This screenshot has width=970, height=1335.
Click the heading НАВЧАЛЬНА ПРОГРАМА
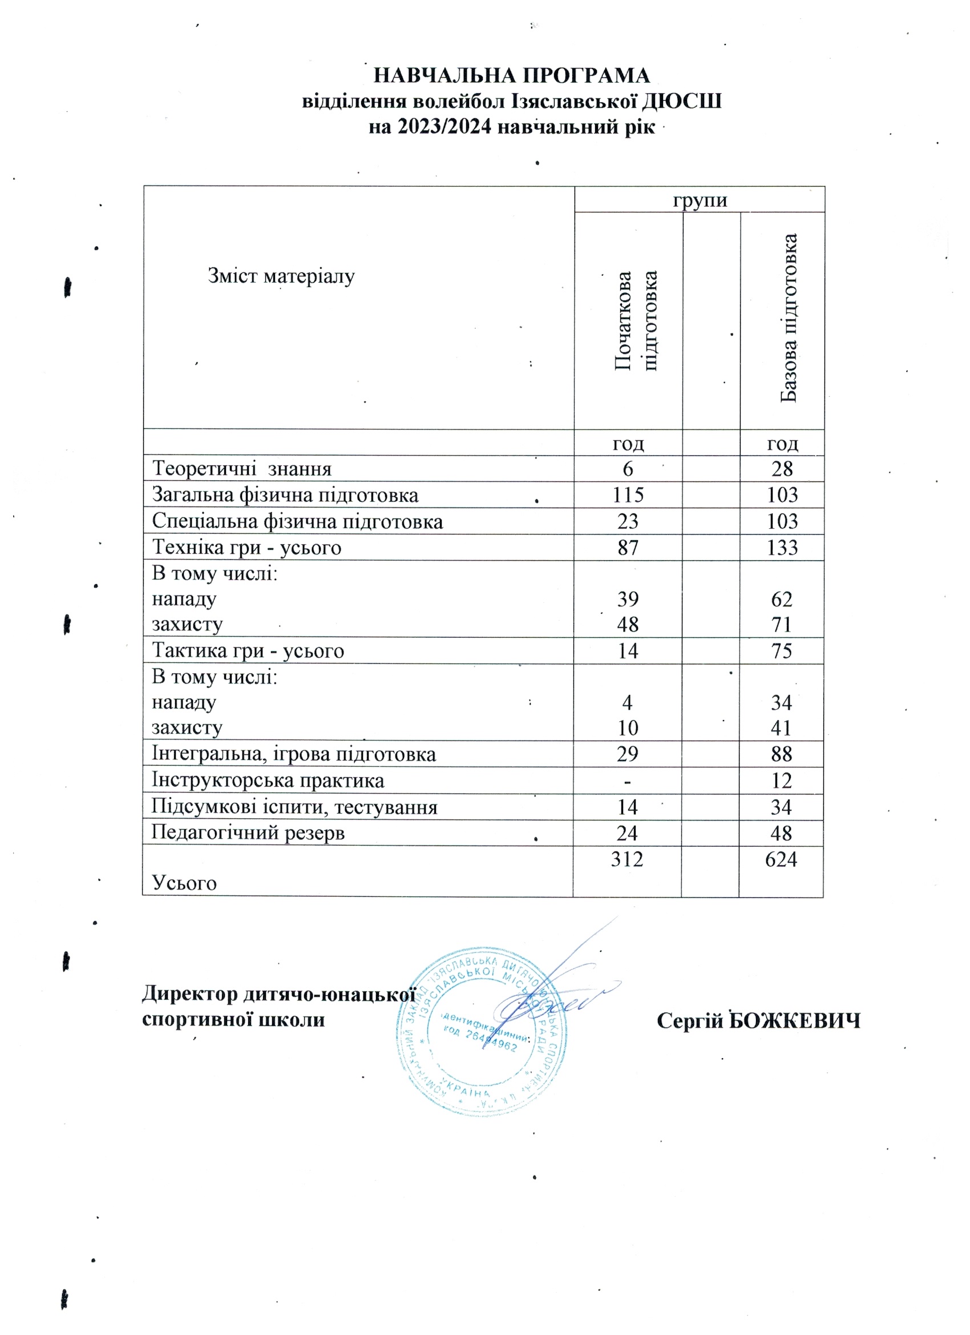(x=512, y=76)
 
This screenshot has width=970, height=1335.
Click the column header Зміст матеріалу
(x=281, y=276)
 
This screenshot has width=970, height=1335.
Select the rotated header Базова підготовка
(x=788, y=319)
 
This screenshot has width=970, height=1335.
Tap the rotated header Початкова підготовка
(x=635, y=321)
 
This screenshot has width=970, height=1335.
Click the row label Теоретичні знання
(x=242, y=469)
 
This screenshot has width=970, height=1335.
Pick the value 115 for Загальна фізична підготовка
(x=628, y=494)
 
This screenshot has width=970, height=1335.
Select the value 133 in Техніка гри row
(x=782, y=548)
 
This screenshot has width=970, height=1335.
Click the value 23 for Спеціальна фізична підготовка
(x=628, y=521)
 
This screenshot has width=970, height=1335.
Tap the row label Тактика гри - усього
(x=248, y=650)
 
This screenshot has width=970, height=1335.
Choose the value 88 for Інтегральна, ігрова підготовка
(x=781, y=754)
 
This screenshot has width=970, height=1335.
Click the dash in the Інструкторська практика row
(x=628, y=781)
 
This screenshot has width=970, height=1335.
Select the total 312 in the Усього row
(x=627, y=859)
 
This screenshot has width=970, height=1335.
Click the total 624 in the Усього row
(x=781, y=859)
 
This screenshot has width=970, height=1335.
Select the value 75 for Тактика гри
(x=782, y=650)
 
